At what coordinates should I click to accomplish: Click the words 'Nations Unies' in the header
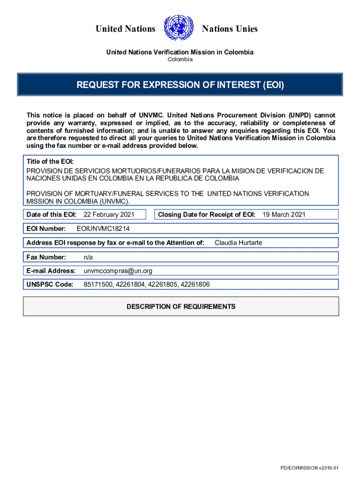pyautogui.click(x=230, y=29)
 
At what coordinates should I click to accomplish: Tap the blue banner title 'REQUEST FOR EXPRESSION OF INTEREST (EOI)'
pyautogui.click(x=180, y=85)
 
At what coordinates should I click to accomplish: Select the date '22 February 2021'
pyautogui.click(x=109, y=214)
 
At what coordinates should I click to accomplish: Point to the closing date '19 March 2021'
pyautogui.click(x=284, y=214)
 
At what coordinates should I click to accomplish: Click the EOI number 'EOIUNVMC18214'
pyautogui.click(x=103, y=229)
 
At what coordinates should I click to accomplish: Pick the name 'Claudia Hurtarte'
pyautogui.click(x=238, y=242)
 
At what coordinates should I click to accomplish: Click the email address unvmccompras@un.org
pyautogui.click(x=118, y=271)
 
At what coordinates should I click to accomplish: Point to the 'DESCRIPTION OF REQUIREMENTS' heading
pyautogui.click(x=181, y=306)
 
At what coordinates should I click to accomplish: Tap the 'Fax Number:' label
pyautogui.click(x=46, y=257)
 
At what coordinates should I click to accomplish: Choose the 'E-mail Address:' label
pyautogui.click(x=51, y=271)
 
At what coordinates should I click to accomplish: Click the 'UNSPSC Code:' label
pyautogui.click(x=50, y=284)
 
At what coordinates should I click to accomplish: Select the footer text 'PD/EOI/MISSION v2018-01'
pyautogui.click(x=309, y=468)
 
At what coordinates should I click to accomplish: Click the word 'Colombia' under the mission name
pyautogui.click(x=180, y=59)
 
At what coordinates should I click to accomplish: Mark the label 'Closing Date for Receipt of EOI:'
pyautogui.click(x=207, y=214)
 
